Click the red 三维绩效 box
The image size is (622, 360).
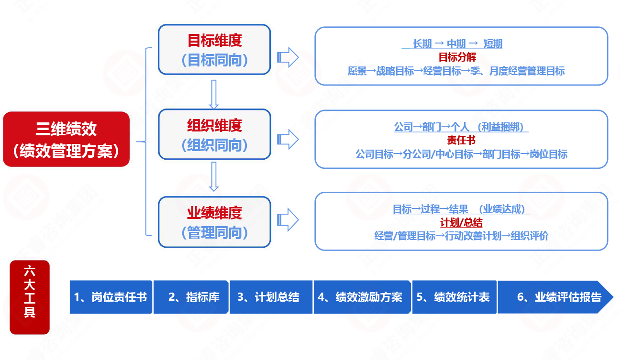67,139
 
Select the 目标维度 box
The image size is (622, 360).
214,50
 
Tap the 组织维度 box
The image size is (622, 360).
214,134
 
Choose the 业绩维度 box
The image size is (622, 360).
214,222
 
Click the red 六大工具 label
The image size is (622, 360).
30,297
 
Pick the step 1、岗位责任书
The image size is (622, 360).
111,297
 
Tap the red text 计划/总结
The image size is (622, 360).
461,223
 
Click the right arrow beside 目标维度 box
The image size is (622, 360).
288,58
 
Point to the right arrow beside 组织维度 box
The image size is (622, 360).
288,139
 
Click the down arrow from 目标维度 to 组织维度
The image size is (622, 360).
214,94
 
